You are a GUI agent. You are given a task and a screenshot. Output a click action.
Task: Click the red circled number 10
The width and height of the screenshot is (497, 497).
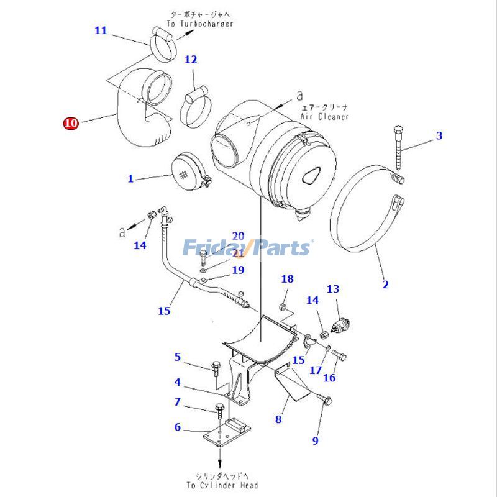tap(70, 123)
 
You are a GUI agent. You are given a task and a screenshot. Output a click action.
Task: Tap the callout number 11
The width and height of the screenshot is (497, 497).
tap(101, 30)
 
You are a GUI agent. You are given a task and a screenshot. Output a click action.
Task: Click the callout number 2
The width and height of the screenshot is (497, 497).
tap(385, 285)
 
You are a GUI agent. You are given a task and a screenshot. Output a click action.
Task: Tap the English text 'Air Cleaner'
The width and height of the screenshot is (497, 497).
tap(324, 117)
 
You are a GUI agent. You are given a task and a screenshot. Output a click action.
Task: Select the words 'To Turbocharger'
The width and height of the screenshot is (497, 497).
tap(200, 24)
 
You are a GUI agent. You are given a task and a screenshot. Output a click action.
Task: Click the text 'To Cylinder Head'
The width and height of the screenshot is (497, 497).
tap(222, 485)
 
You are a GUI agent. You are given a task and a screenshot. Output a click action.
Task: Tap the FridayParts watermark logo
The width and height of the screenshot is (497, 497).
tap(247, 248)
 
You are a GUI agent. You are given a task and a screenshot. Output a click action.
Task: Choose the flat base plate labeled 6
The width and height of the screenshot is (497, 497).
tap(227, 432)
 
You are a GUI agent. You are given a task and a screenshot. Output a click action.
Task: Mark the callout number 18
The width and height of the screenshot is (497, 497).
tap(287, 279)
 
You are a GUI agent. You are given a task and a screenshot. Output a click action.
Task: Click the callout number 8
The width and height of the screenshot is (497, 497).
tap(278, 419)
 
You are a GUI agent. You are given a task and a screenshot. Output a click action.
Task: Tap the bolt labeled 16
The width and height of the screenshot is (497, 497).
tap(339, 355)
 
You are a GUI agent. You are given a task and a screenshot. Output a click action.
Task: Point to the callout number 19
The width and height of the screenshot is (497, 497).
tap(238, 270)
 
